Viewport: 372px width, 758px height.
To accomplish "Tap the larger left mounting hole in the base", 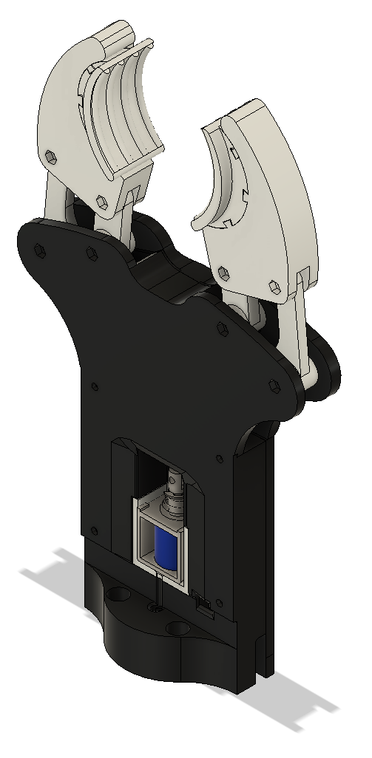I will (x=117, y=595).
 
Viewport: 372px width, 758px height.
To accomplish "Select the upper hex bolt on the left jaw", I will (x=50, y=155).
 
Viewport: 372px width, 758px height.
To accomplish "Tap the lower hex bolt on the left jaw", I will (x=100, y=199).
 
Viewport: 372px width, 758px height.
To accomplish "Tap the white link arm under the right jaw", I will (x=302, y=332).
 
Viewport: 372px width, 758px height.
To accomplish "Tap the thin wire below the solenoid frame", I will (x=158, y=591).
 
